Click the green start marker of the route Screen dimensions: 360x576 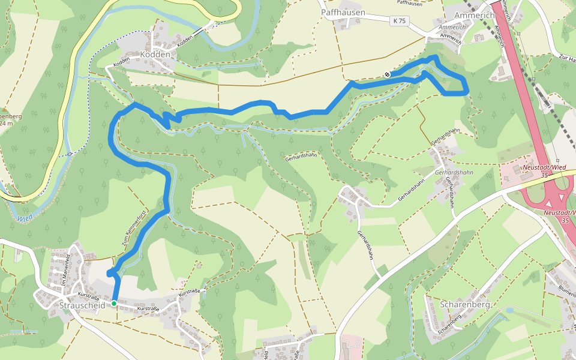pos(114,304)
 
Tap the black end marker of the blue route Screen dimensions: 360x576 pos(388,74)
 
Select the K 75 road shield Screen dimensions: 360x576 pos(398,21)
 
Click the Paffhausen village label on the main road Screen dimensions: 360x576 pos(343,12)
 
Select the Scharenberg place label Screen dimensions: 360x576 pos(466,304)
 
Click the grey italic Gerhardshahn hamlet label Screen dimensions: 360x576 pos(454,173)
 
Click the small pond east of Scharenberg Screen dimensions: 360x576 pos(509,310)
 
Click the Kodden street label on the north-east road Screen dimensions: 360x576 pos(187,38)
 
